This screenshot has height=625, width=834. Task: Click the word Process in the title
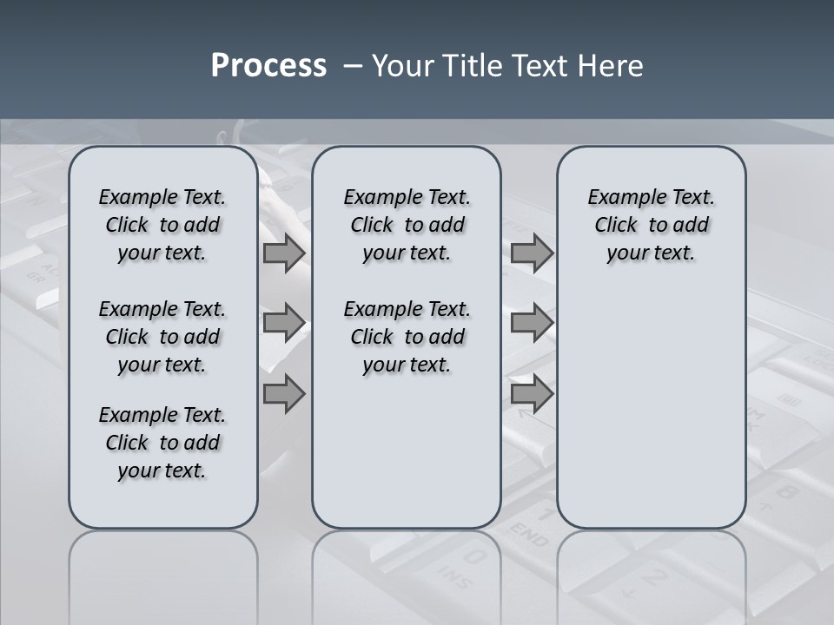click(x=268, y=66)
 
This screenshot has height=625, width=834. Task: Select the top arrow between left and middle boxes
click(x=284, y=253)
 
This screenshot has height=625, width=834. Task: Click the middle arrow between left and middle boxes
click(x=284, y=323)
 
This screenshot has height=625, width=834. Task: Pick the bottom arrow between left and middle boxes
click(x=284, y=394)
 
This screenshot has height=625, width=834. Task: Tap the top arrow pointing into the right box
click(x=532, y=253)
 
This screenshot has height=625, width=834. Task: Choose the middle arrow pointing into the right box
click(x=532, y=323)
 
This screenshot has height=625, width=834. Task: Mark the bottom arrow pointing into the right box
click(x=532, y=394)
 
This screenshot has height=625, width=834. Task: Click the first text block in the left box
click(x=162, y=225)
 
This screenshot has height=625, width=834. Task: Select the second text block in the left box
click(x=162, y=337)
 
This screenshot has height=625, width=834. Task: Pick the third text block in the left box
click(x=162, y=443)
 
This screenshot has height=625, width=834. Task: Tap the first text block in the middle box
click(x=407, y=225)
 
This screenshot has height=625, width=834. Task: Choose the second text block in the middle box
click(x=407, y=337)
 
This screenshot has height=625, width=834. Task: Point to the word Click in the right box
click(x=617, y=226)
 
